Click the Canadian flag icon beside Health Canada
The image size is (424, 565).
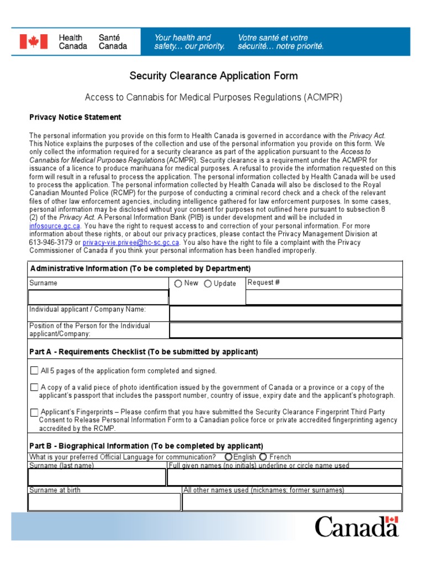pos(34,42)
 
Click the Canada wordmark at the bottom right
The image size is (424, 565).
pos(357,526)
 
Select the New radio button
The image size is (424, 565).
pos(178,284)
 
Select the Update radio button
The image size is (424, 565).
pos(208,284)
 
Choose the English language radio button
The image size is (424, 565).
pos(228,457)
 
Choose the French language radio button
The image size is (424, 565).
pos(263,457)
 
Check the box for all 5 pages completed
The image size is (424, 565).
pos(34,371)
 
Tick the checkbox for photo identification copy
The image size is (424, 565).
pos(34,387)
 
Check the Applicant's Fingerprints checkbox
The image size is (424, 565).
pos(34,412)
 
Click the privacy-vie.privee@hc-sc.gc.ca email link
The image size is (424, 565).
pos(140,242)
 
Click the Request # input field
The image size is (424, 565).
pos(324,297)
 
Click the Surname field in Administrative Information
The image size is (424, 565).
pos(98,297)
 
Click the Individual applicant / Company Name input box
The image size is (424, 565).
pos(285,313)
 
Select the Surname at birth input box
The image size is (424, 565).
pos(104,502)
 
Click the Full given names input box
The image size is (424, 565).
pos(285,477)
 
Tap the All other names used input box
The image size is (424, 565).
pos(292,502)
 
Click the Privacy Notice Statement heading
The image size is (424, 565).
pos(75,118)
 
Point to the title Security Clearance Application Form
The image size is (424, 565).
pos(213,76)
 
